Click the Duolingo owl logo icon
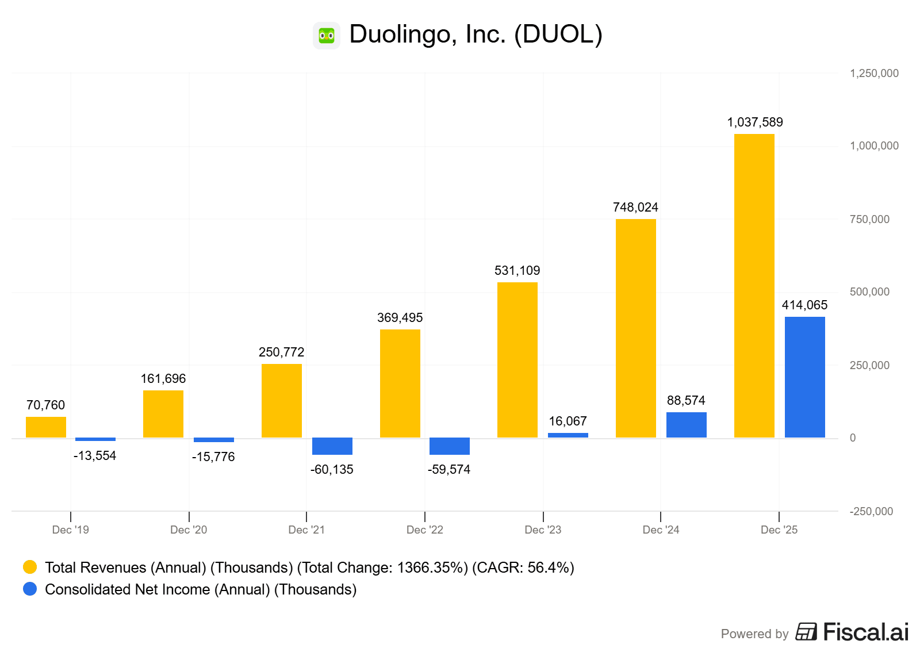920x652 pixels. tap(327, 36)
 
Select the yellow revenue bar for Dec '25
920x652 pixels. tap(754, 286)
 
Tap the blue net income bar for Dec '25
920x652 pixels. tap(804, 377)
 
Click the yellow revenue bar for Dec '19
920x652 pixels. tap(46, 427)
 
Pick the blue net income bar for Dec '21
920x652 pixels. tap(332, 446)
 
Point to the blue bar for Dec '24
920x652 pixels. tap(686, 425)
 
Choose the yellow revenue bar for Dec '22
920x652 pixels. tap(400, 383)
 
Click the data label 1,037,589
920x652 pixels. tap(754, 122)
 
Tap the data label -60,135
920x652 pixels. tap(332, 470)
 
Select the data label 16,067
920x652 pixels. tap(568, 421)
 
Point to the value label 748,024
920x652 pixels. tap(635, 208)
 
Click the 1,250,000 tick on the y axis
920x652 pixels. tap(874, 74)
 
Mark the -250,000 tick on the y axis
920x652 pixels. tap(871, 512)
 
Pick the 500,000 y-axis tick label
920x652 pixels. tap(869, 292)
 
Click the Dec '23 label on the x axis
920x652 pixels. tap(543, 530)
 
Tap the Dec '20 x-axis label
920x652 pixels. tap(189, 530)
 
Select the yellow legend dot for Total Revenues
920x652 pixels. tap(30, 567)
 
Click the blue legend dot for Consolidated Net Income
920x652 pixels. tap(30, 589)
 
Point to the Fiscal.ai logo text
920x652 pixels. tap(865, 632)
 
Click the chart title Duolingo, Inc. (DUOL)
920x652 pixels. tap(476, 34)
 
